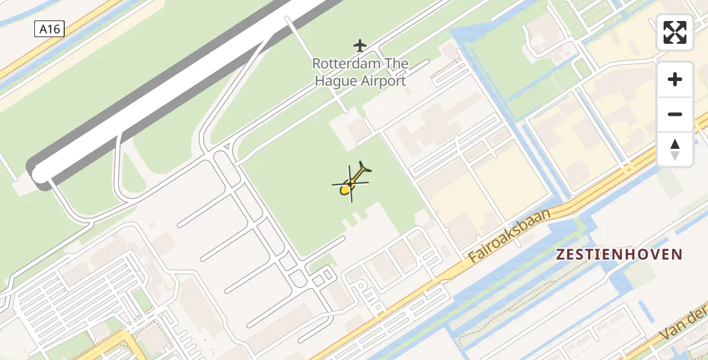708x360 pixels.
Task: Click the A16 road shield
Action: pyautogui.click(x=49, y=28)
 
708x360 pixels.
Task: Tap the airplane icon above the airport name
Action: pyautogui.click(x=360, y=45)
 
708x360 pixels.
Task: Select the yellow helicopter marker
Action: pyautogui.click(x=352, y=182)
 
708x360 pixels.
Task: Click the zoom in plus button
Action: pyautogui.click(x=675, y=79)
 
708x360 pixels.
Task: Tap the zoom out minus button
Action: pyautogui.click(x=675, y=114)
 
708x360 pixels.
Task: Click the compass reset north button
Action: pyautogui.click(x=675, y=149)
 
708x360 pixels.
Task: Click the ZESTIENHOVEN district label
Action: pyautogui.click(x=619, y=254)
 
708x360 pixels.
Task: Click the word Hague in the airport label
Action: pyautogui.click(x=334, y=81)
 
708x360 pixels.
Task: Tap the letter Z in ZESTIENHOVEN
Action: pyautogui.click(x=560, y=254)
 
